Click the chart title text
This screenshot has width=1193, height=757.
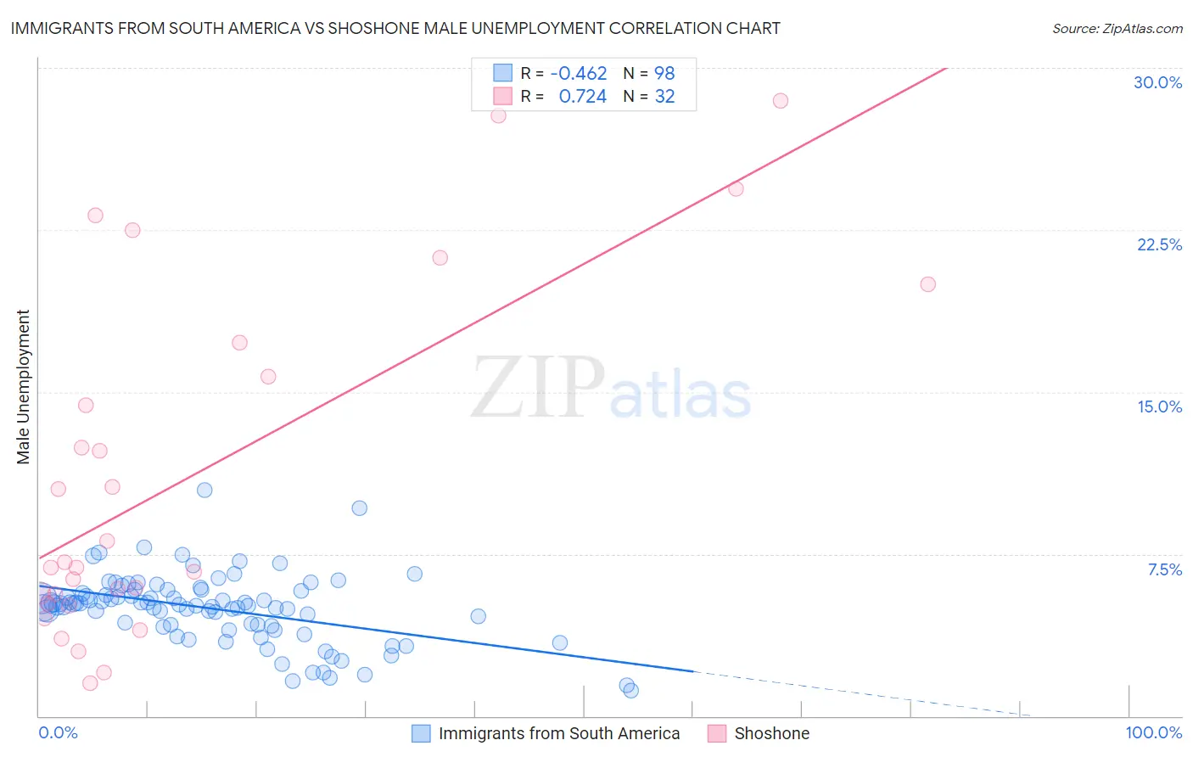(x=395, y=28)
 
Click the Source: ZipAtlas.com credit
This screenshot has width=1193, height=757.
(x=1117, y=28)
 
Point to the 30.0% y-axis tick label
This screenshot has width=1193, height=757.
(x=1157, y=82)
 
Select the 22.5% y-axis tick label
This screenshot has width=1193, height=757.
(x=1159, y=244)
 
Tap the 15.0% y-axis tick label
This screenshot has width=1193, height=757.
(x=1159, y=407)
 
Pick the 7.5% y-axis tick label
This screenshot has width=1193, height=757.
(x=1164, y=569)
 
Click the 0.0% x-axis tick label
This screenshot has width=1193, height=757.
(x=58, y=732)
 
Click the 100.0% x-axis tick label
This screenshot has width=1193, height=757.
(x=1153, y=732)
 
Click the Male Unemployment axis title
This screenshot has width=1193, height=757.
(x=24, y=387)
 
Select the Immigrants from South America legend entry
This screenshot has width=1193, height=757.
(x=558, y=733)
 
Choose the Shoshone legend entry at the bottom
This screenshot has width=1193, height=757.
(x=771, y=733)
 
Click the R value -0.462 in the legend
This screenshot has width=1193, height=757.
(x=579, y=73)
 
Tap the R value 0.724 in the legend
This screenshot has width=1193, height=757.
(x=582, y=97)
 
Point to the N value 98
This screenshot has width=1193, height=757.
(x=664, y=73)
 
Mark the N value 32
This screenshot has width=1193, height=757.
(x=664, y=97)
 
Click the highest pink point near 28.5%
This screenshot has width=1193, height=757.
(x=780, y=101)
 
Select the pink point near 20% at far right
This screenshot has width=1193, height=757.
(x=927, y=284)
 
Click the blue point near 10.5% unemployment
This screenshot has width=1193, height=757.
(x=204, y=490)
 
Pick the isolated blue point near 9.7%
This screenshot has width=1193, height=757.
(x=359, y=508)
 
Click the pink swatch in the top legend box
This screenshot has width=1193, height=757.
(x=502, y=96)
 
